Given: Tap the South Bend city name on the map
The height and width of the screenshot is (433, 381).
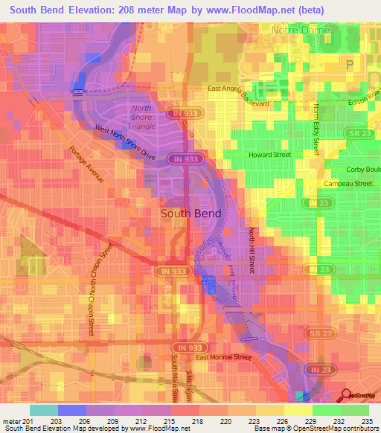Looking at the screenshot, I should pyautogui.click(x=190, y=213).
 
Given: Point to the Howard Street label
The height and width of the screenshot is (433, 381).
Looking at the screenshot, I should pyautogui.click(x=269, y=155).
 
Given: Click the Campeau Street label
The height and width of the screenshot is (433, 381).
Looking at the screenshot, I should pyautogui.click(x=348, y=183).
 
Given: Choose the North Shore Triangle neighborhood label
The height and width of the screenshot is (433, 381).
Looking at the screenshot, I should pyautogui.click(x=143, y=117).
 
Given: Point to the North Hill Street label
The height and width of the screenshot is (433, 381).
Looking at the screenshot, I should pyautogui.click(x=252, y=254).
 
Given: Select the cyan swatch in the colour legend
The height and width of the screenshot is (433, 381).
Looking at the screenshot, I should pyautogui.click(x=43, y=410).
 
